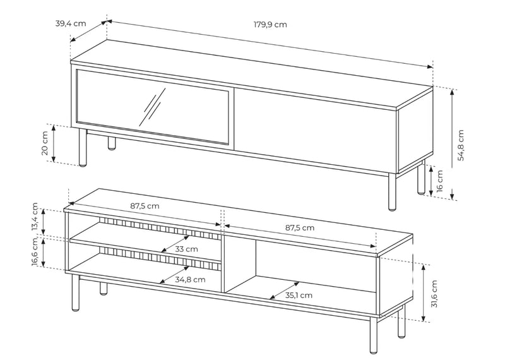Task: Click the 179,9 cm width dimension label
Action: tap(270, 25)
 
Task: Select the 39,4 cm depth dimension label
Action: tap(70, 23)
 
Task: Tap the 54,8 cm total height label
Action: tap(461, 145)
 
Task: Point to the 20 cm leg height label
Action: tap(45, 143)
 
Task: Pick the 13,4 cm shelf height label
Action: tap(35, 218)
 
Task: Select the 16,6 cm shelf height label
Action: tap(35, 253)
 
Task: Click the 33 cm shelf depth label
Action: tap(187, 249)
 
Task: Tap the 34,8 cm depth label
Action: tap(191, 279)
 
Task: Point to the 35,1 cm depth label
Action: tap(298, 295)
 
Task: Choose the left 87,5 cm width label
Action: tap(145, 206)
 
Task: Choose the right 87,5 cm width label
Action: tap(299, 227)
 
